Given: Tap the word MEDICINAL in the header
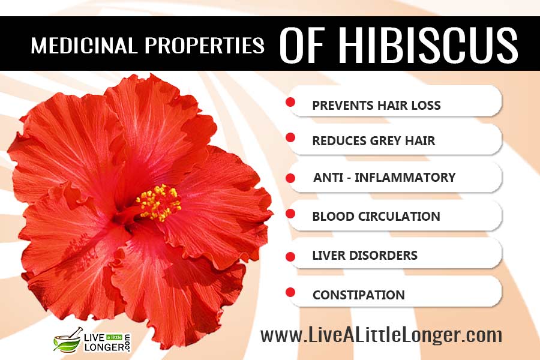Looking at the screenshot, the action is pyautogui.click(x=83, y=46).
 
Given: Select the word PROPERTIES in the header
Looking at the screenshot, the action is pyautogui.click(x=205, y=46).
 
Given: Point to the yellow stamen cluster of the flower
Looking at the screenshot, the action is pyautogui.click(x=159, y=203).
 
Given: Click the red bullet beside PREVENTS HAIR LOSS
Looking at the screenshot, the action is pyautogui.click(x=290, y=102).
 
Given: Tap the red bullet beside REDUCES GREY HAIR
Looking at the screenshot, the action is pyautogui.click(x=290, y=137).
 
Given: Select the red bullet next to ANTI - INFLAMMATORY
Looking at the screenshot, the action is pyautogui.click(x=290, y=178).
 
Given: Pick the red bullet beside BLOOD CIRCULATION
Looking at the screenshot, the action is pyautogui.click(x=290, y=214).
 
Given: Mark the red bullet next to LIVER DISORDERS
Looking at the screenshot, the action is pyautogui.click(x=290, y=257).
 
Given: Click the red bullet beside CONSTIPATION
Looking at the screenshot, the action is pyautogui.click(x=290, y=292).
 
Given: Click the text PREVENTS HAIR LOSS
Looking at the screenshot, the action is pyautogui.click(x=376, y=106).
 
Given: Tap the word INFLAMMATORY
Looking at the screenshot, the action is pyautogui.click(x=405, y=178).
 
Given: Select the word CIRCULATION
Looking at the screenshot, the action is pyautogui.click(x=399, y=217).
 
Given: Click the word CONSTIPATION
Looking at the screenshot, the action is pyautogui.click(x=359, y=295).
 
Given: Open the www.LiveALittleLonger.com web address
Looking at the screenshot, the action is pyautogui.click(x=381, y=335).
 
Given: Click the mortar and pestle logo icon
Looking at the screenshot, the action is pyautogui.click(x=68, y=341).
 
